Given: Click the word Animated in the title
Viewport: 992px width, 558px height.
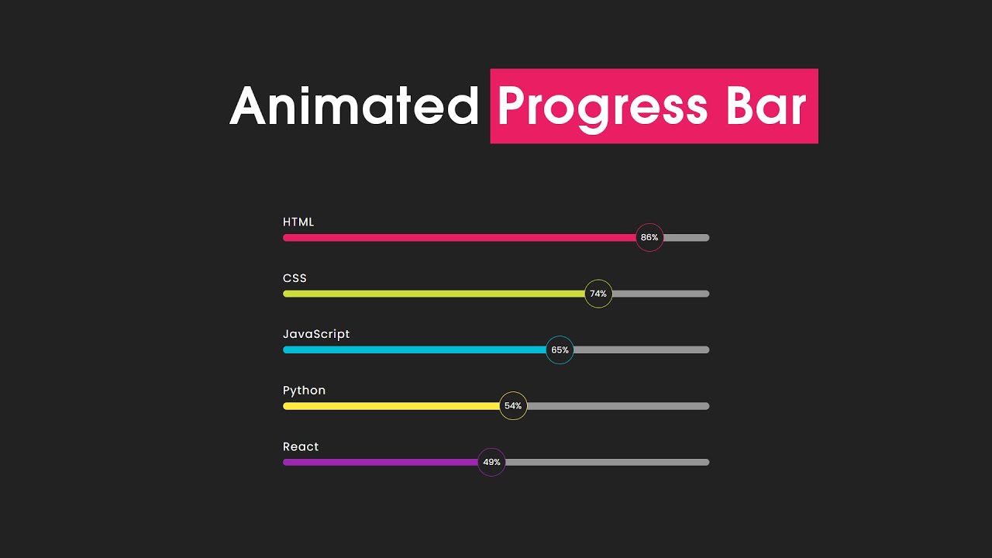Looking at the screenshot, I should coord(354,106).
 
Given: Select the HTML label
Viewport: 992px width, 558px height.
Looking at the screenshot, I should coord(298,222).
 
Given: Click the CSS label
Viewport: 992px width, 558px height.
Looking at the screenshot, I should coord(294,278).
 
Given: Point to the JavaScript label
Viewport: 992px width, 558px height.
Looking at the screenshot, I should coord(316,335).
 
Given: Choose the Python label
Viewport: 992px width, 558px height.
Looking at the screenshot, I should coord(304,391).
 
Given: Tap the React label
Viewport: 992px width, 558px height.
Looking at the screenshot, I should coord(301,447).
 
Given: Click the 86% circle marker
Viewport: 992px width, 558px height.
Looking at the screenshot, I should coord(649,238).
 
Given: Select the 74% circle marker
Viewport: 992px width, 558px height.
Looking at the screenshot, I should coord(598,294).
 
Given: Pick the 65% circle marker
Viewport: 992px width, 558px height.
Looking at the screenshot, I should coord(560,350).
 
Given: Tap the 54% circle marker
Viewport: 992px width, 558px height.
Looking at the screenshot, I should coord(513,406).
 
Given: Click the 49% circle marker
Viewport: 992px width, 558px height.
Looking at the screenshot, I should coord(491,463).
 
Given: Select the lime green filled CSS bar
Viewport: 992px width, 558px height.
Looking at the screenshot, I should coord(434,294).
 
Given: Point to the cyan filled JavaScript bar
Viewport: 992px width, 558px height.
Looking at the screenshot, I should coord(415,350).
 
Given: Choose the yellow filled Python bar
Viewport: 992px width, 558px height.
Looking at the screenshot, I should coord(391,406).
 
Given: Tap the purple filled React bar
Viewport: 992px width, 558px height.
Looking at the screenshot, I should coord(380,463).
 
